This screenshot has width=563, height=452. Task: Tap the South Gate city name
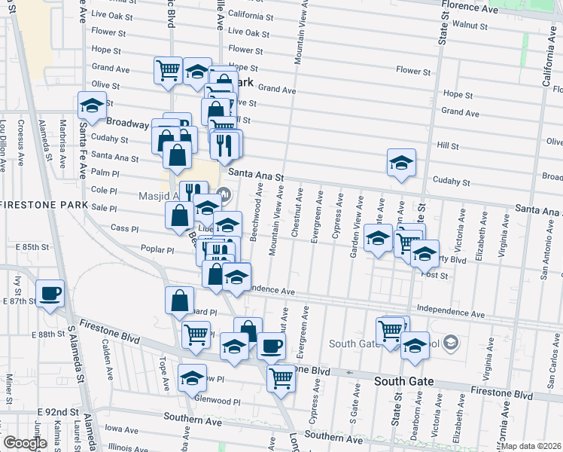(x=404, y=381)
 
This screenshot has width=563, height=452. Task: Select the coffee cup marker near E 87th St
(x=50, y=293)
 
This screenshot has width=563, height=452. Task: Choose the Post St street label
(x=434, y=276)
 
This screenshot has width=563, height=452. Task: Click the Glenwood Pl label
(x=217, y=402)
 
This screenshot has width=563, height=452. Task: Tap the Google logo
(x=25, y=443)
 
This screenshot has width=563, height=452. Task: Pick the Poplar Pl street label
(x=157, y=249)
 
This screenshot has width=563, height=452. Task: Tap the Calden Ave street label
(x=107, y=353)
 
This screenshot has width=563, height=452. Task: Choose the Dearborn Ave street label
(x=415, y=423)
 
